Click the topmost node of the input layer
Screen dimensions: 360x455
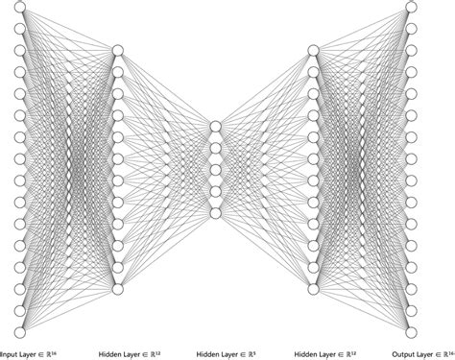click(20, 7)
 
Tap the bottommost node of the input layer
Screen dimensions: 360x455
click(20, 331)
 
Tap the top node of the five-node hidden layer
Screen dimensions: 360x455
click(215, 126)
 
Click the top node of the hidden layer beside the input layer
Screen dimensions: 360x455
click(118, 50)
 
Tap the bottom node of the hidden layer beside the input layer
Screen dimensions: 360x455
click(118, 288)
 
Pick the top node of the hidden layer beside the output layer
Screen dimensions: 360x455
click(313, 50)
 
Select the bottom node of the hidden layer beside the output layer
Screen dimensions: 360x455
click(313, 288)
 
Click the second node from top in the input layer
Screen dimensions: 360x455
click(20, 28)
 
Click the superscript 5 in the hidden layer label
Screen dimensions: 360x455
click(258, 351)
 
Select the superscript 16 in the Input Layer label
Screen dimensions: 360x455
click(67, 351)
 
